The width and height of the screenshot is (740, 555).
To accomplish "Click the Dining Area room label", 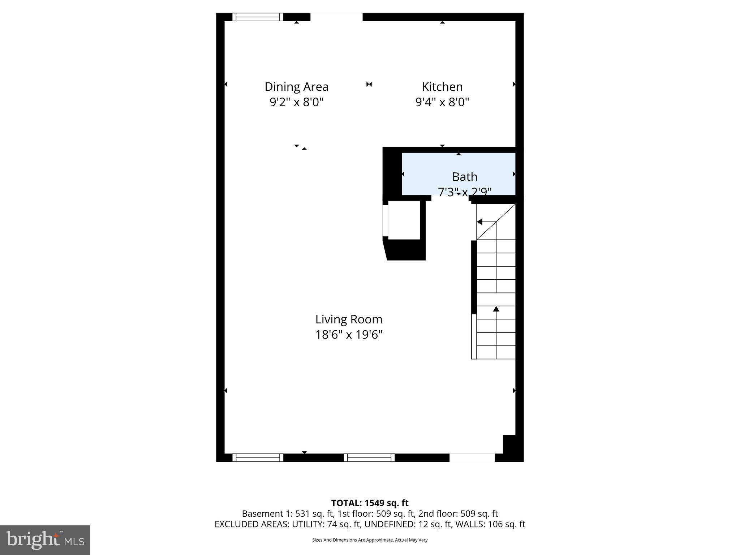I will (296, 87).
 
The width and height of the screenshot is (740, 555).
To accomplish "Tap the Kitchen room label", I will (442, 87).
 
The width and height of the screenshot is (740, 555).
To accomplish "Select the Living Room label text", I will (349, 319).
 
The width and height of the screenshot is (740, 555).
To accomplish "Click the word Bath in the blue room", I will (465, 177).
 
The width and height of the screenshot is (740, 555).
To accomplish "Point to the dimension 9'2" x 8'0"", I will (296, 102).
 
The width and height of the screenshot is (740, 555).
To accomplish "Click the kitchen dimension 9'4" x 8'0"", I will (442, 102).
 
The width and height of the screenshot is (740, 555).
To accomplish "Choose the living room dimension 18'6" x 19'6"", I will (349, 335).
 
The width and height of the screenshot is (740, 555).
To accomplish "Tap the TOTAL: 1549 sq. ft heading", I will (370, 503).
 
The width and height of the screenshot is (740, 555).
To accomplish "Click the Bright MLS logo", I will (45, 540).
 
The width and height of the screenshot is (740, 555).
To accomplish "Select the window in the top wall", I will (258, 17).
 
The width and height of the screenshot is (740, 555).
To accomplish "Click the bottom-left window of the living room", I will (258, 458).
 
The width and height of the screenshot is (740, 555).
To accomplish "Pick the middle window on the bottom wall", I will (369, 458).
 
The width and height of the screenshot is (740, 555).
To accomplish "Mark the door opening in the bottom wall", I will (472, 458).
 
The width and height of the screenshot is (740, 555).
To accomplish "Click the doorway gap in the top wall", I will (336, 17).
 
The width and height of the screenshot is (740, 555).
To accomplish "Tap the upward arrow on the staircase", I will (496, 309).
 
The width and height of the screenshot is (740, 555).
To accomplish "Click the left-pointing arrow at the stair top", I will (480, 222).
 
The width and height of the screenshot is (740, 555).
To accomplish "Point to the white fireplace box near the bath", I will (404, 220).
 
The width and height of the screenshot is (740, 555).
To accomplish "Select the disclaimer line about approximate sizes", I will (370, 540).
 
